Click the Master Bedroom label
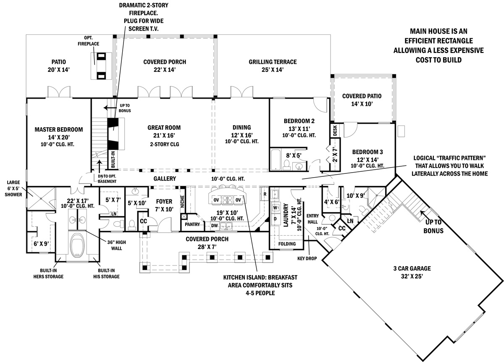click(58, 129)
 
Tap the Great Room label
click(164, 128)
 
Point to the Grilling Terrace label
click(272, 62)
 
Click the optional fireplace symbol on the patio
click(101, 66)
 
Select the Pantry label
click(192, 225)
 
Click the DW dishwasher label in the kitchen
click(215, 226)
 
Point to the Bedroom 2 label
click(299, 121)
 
